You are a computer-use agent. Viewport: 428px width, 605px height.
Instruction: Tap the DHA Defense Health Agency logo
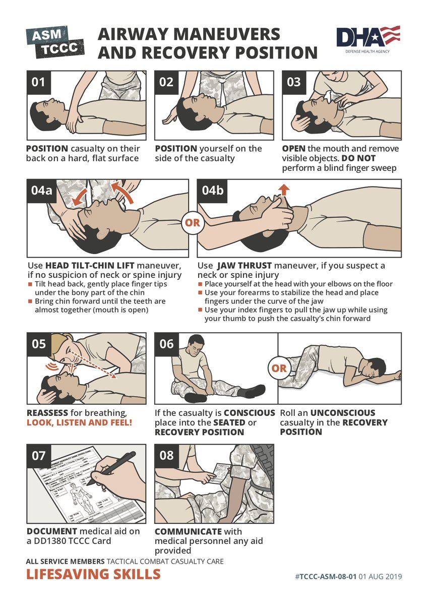[x=368, y=40]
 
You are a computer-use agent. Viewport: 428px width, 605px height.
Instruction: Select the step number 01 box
[x=38, y=82]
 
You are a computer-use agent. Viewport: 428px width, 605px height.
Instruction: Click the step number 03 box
[x=293, y=82]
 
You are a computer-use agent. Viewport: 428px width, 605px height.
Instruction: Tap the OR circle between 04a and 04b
[x=193, y=222]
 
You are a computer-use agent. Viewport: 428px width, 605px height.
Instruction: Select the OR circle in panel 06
[x=278, y=368]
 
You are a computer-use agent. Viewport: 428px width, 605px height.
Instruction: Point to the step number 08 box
[x=166, y=455]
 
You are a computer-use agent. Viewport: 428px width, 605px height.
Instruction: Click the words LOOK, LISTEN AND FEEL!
[x=79, y=422]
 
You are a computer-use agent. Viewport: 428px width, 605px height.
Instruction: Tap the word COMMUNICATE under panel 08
[x=188, y=531]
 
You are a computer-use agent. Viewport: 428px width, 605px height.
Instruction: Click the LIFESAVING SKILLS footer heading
[x=93, y=574]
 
